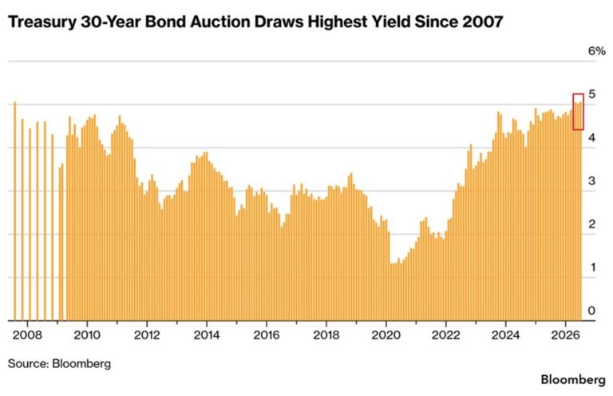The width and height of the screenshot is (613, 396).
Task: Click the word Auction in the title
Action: click(x=220, y=22)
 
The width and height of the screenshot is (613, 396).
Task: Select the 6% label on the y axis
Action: click(x=596, y=51)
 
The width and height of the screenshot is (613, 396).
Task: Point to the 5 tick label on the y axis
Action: click(x=592, y=94)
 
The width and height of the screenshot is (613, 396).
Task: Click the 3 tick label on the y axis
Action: click(x=592, y=181)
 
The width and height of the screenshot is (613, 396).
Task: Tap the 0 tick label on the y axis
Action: click(x=592, y=311)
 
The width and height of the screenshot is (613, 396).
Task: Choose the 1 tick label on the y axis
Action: click(x=593, y=267)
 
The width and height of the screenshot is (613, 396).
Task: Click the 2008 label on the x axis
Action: click(x=27, y=335)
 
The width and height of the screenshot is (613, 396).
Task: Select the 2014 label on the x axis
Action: click(x=207, y=335)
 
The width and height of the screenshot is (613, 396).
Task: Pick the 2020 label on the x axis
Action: click(x=386, y=335)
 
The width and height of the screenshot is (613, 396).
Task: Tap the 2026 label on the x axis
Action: click(x=565, y=335)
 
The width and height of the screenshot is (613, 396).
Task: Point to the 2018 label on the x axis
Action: click(x=326, y=335)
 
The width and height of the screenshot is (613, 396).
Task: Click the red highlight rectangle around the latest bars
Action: click(x=574, y=112)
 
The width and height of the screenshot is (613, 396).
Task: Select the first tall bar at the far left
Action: click(x=15, y=211)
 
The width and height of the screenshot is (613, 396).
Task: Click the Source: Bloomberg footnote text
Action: click(x=59, y=363)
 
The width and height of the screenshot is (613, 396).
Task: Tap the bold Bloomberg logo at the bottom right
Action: click(x=573, y=379)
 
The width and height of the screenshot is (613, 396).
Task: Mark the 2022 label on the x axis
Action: click(x=445, y=335)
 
